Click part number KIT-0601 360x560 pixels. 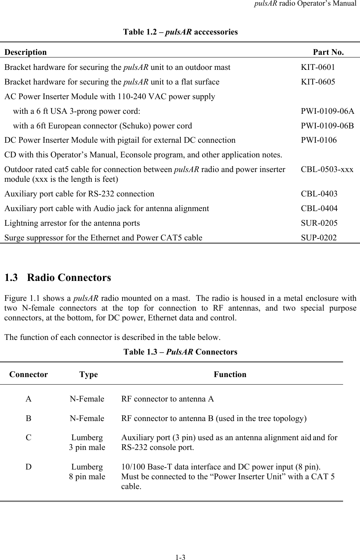point(318,67)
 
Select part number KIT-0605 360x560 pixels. point(318,82)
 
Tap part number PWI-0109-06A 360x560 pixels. point(327,111)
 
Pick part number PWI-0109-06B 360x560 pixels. point(327,126)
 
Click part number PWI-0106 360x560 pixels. point(319,140)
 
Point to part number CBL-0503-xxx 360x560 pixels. point(327,169)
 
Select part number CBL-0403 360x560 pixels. point(319,194)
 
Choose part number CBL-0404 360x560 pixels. point(319,208)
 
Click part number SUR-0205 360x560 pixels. point(319,223)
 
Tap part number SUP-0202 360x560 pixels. point(319,238)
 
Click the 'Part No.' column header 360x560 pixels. point(328,52)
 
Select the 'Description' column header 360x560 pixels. point(26,52)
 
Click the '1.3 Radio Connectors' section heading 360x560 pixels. point(57,278)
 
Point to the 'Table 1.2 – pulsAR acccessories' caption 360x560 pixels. point(180,32)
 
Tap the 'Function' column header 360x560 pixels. point(230,374)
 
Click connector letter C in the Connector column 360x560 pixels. point(29,438)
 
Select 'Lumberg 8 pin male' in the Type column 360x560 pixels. point(87,472)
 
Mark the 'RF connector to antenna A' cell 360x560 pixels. point(168,399)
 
